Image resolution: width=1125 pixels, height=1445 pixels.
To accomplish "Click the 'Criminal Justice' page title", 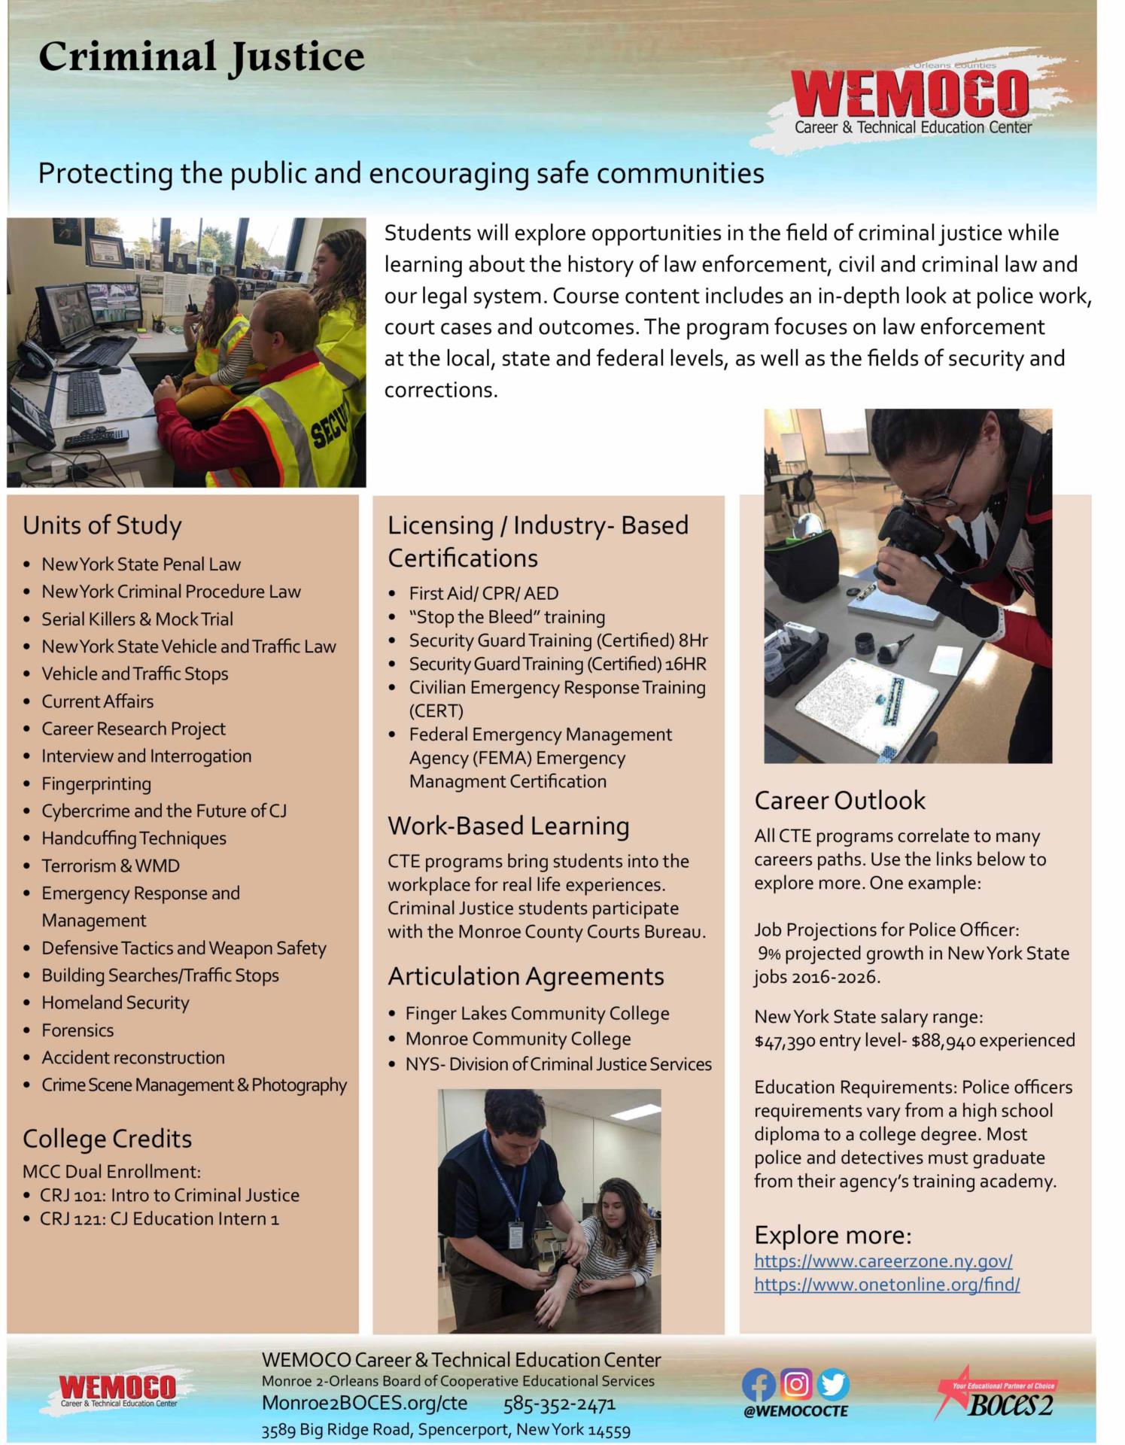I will point(201,57).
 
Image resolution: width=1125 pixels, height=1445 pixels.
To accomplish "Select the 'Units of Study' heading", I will point(102,525).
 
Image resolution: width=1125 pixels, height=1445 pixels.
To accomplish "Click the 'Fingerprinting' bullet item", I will point(96,783).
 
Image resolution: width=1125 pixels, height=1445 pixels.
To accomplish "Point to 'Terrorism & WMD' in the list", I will point(111,865).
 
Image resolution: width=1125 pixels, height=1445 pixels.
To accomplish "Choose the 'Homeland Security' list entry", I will point(115,1002).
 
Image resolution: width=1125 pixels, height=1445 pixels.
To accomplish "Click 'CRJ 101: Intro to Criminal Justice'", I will point(169,1195).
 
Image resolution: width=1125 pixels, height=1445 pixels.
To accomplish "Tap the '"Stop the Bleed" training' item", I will point(506,617).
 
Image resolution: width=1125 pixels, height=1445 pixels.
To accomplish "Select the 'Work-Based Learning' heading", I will point(509,826).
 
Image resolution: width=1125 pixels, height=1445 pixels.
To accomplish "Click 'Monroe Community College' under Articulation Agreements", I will point(518,1039).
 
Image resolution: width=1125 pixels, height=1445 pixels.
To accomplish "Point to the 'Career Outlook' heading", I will point(840,800).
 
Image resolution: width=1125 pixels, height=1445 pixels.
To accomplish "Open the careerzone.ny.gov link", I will point(883,1261).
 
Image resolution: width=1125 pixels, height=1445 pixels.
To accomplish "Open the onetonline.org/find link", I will point(886,1285).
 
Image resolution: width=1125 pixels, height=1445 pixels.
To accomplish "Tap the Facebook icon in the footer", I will point(759,1385).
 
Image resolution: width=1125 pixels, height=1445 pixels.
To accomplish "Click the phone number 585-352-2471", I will point(559,1404).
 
